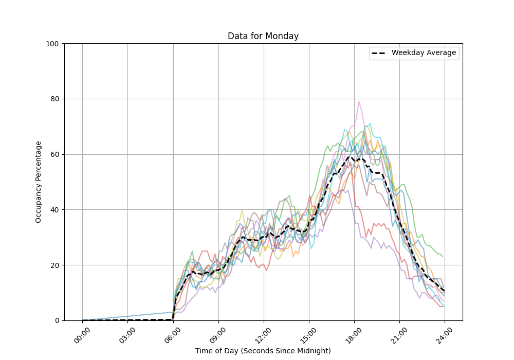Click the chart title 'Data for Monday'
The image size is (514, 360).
coord(263,36)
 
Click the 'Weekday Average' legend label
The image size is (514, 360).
coord(424,53)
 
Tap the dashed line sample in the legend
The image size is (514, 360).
coord(379,53)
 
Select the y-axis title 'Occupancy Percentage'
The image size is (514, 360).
coord(39,182)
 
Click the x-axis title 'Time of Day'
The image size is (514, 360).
coord(263,351)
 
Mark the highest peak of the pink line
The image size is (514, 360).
coord(359,101)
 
